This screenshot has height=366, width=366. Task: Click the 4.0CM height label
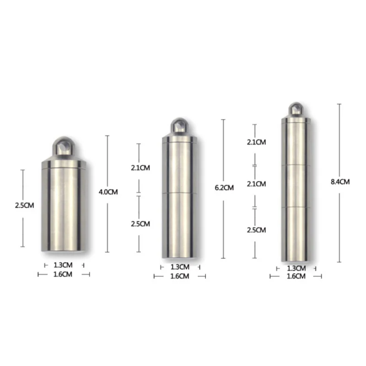(108, 192)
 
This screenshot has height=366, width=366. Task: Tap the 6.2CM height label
(224, 188)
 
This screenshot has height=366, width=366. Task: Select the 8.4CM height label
(340, 182)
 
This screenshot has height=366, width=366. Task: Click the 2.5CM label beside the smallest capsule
(24, 205)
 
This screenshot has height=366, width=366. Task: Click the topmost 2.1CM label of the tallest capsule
(256, 142)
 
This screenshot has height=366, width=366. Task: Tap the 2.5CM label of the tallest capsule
(256, 230)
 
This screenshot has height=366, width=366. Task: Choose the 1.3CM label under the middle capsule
(179, 267)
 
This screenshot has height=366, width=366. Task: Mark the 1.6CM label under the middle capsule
(179, 276)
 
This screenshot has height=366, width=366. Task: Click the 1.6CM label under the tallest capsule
(296, 276)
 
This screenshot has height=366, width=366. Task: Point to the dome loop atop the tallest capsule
(296, 110)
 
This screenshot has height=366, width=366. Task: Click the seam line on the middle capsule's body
(179, 194)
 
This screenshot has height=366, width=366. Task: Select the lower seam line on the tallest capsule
(296, 207)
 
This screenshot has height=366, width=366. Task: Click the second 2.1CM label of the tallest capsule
(256, 184)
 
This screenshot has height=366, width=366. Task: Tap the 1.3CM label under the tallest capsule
(296, 268)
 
